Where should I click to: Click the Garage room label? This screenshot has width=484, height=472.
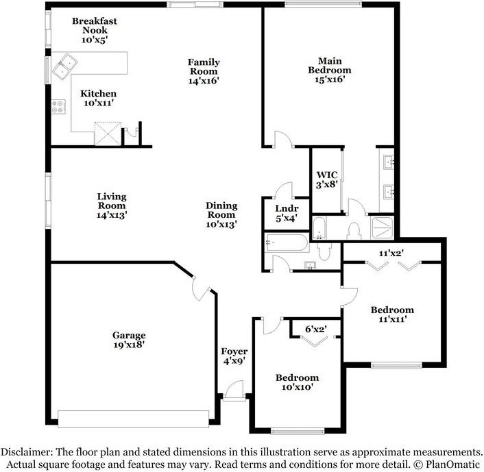(x=129, y=340)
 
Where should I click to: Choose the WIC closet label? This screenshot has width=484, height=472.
(x=327, y=179)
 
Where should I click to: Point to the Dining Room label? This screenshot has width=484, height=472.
(x=221, y=214)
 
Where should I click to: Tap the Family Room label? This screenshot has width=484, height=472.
(x=204, y=71)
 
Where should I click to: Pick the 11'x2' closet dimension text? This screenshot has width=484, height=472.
(x=391, y=253)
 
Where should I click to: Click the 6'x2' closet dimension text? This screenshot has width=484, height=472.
(x=315, y=330)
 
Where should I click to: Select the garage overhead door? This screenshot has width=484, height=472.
(x=134, y=418)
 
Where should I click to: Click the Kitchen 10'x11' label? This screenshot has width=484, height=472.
(x=98, y=98)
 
